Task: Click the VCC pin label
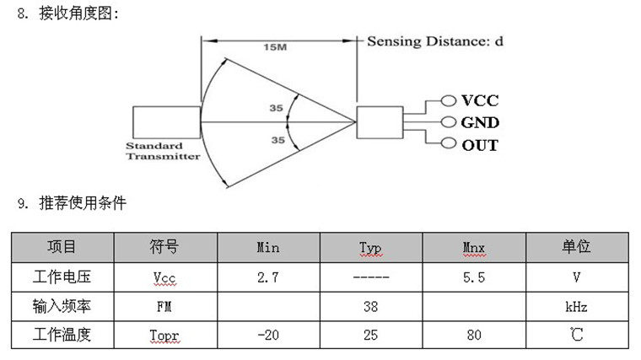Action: (481, 100)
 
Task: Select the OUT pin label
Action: (480, 145)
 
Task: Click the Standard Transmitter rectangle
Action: (167, 122)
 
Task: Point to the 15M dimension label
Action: (276, 48)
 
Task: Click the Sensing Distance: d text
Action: (435, 40)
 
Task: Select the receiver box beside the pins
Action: (380, 123)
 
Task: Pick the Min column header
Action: (267, 248)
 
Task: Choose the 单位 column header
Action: (576, 247)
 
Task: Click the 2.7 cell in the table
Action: (267, 277)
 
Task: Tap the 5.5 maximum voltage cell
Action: (474, 277)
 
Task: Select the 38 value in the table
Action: (370, 306)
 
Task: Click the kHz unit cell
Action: (576, 306)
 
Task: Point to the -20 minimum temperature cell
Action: (267, 335)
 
